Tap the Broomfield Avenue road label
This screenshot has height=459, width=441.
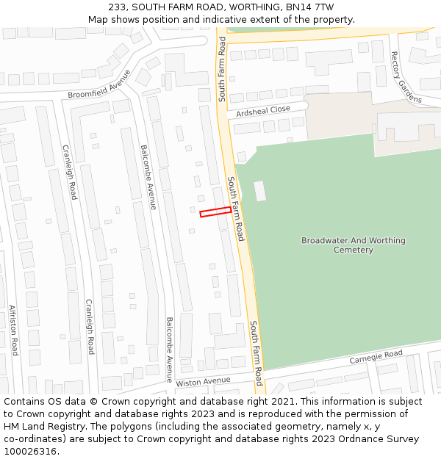click(99, 84)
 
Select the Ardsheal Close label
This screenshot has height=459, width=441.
click(263, 111)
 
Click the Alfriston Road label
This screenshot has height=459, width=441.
click(13, 330)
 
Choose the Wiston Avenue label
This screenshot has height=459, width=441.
click(203, 381)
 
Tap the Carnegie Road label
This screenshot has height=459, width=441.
click(376, 355)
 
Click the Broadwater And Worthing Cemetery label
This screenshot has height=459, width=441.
click(353, 245)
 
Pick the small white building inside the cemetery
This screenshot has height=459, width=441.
click(259, 191)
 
